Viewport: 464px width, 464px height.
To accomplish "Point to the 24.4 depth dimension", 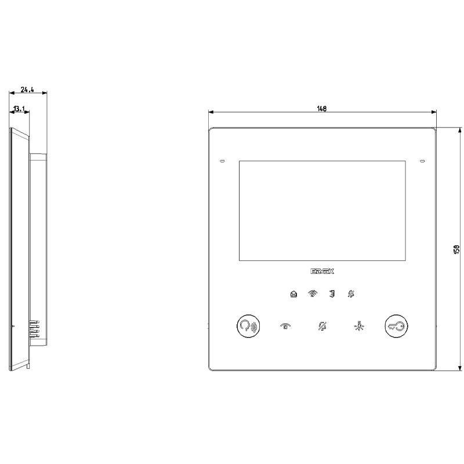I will click(27, 89).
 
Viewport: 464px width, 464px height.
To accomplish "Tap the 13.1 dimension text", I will click(20, 108).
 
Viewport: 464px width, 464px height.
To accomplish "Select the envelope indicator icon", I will click(293, 294).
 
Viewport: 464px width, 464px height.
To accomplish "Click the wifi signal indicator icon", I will click(313, 294).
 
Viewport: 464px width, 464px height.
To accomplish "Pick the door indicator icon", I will click(331, 294).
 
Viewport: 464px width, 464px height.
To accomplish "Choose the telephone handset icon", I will click(285, 327).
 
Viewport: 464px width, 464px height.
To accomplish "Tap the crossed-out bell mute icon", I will click(322, 327).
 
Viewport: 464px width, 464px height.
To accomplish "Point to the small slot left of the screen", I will click(222, 161).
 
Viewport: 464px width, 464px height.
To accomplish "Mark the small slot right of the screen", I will click(422, 161).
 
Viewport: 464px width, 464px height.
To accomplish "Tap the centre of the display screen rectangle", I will click(322, 211).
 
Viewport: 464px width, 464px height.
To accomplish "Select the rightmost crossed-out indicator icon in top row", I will click(350, 294).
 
